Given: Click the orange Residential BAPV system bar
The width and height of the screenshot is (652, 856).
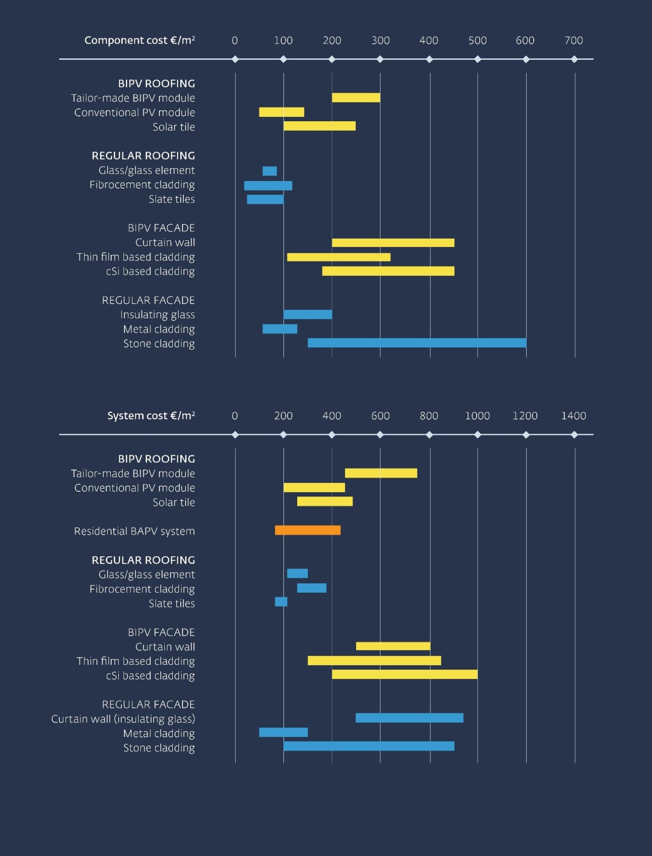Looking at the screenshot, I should (x=307, y=530).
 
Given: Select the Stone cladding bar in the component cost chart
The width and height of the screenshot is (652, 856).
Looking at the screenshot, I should (x=417, y=343).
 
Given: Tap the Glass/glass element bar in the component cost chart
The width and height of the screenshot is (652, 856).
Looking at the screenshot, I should (x=270, y=171).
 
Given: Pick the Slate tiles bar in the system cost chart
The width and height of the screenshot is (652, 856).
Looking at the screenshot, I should (x=281, y=602).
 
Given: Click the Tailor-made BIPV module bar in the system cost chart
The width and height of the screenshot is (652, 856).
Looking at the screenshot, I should (x=381, y=473).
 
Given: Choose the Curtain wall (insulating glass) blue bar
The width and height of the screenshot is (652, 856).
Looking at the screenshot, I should (x=409, y=718).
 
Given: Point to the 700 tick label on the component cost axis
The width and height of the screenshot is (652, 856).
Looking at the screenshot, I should (x=573, y=41).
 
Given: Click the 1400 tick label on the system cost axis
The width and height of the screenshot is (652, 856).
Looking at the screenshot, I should (x=573, y=416).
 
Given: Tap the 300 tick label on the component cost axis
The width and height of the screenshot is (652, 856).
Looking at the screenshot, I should (x=380, y=41).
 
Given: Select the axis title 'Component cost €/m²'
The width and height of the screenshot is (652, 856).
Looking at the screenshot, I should (x=140, y=41).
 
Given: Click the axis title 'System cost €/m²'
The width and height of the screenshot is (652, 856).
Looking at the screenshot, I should (x=151, y=416).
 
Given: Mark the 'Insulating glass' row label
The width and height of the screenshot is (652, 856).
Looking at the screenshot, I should (x=158, y=315).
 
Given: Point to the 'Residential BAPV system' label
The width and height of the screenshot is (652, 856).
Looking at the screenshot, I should (x=134, y=531).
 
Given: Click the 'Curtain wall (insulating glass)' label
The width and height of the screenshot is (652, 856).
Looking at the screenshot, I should (x=123, y=719).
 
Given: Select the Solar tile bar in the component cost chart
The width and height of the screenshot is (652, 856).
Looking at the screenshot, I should (x=320, y=126).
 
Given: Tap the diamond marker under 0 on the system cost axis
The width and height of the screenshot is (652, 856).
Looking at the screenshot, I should (x=235, y=435).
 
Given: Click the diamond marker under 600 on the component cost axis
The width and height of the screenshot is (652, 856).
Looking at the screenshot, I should (x=526, y=59).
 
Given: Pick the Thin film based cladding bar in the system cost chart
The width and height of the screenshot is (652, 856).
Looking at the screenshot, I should (x=374, y=660).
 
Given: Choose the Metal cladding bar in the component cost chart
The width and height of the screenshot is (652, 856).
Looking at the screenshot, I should (x=280, y=329).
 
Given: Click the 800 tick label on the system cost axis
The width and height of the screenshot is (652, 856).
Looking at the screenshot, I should (x=429, y=416).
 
